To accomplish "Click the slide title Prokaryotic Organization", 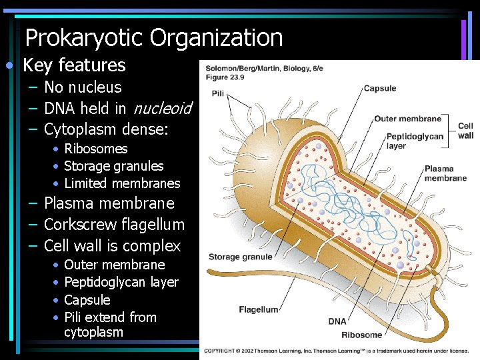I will click(154, 38).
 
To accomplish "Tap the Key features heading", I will click(74, 65).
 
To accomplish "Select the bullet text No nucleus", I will click(83, 87).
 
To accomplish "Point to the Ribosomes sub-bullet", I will click(95, 149).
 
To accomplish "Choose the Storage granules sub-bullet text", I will click(113, 166).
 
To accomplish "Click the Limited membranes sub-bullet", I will click(122, 183).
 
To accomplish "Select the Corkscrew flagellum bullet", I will click(114, 225).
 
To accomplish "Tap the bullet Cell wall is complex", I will click(112, 246).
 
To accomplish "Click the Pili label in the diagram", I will click(217, 93).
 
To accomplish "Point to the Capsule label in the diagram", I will click(379, 88).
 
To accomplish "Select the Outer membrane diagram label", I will click(407, 119).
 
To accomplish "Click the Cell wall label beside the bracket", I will click(465, 130).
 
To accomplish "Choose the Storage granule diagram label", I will click(240, 257).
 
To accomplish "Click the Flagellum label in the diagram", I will click(259, 309).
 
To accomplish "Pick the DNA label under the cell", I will click(337, 321).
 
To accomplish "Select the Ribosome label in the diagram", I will click(362, 335).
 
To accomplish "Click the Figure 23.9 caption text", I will click(225, 77).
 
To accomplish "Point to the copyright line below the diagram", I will click(337, 351).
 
